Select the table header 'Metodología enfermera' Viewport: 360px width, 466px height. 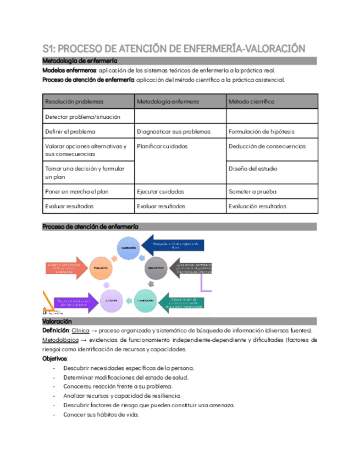point(168,102)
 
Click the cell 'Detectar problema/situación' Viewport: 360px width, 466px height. point(82,116)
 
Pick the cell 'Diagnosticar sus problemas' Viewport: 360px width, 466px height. point(174,132)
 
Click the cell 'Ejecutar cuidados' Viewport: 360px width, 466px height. point(160,191)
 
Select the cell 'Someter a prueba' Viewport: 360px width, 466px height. point(252,191)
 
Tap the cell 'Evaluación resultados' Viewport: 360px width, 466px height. point(257,206)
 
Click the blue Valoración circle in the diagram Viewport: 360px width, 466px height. point(128,248)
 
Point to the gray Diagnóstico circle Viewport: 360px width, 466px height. point(157,268)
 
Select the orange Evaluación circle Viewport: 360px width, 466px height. point(101,268)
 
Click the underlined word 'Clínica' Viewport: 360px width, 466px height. point(80,330)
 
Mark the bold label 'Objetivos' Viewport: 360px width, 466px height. point(54,358)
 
